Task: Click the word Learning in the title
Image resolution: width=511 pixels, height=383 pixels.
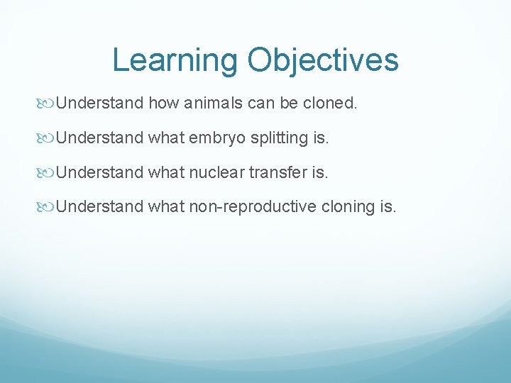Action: [175, 61]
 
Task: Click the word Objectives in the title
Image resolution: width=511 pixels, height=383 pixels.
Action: [323, 61]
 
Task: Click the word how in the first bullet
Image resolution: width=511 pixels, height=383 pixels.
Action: [164, 104]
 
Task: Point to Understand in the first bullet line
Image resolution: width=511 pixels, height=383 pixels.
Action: [99, 104]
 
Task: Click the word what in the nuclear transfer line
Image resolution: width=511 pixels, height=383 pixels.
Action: [166, 173]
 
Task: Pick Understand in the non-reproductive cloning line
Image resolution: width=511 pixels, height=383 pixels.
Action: [99, 207]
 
